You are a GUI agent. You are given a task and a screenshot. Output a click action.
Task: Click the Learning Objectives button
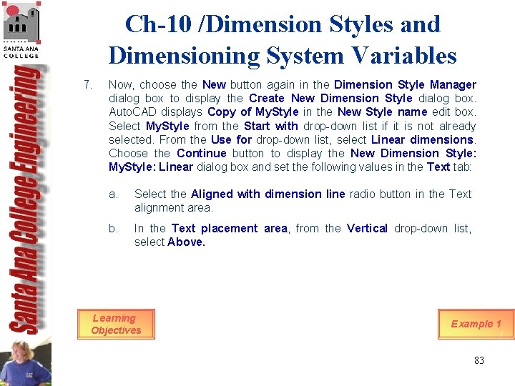tap(116, 324)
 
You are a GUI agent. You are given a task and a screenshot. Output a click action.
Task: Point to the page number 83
tap(479, 360)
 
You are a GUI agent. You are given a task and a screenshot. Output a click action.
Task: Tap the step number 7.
tap(87, 85)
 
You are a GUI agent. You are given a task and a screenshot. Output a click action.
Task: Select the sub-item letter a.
tap(112, 194)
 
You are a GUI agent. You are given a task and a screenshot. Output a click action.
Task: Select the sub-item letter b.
tap(112, 228)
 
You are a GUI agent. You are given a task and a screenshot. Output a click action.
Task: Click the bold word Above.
tap(186, 242)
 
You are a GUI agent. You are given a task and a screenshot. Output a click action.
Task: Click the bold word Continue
tap(201, 153)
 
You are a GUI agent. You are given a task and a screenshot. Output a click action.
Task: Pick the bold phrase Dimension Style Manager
tap(405, 85)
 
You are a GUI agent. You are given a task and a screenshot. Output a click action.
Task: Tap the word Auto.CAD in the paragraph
tap(131, 112)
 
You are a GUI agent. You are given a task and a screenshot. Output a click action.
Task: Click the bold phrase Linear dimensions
tap(422, 139)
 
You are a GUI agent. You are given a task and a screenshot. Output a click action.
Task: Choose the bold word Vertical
tap(368, 228)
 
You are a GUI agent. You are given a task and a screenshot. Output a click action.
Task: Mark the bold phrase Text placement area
tap(229, 228)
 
